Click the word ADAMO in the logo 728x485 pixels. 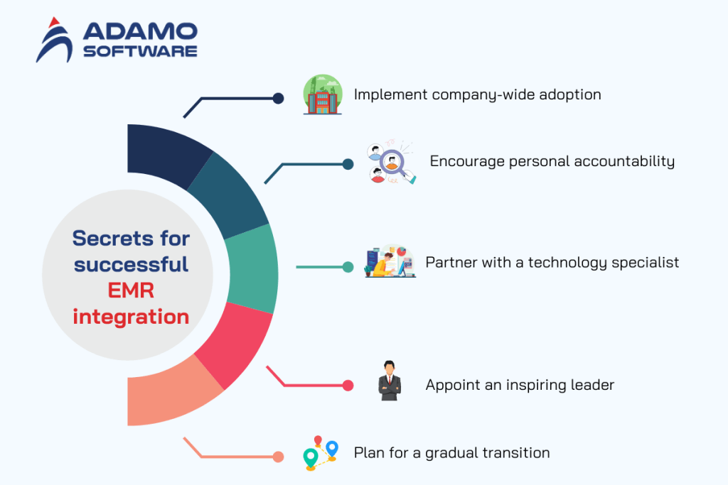coord(139,31)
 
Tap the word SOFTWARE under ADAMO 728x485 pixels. coord(139,52)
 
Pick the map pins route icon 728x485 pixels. coord(320,452)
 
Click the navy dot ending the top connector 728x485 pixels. coord(278,99)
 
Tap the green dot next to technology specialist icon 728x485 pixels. coord(348,267)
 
